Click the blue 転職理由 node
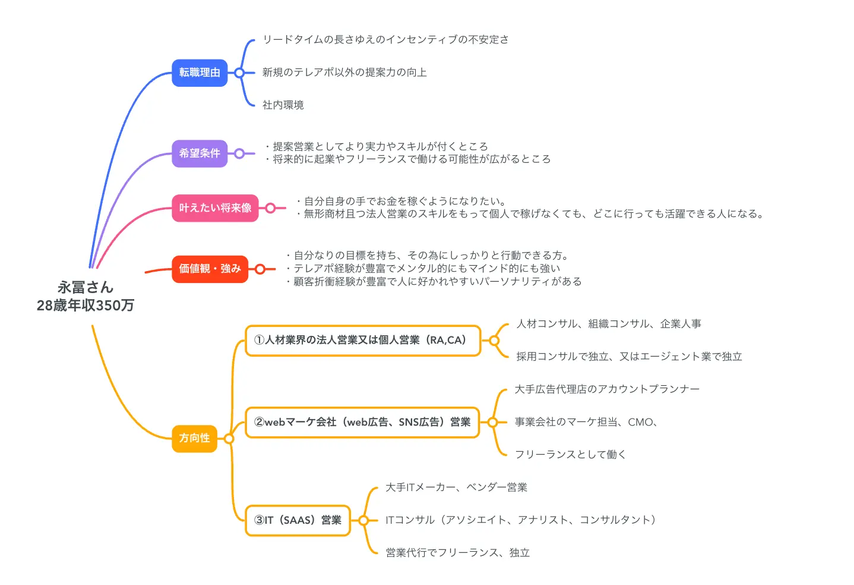200,73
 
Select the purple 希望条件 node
200,153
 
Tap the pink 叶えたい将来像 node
215,208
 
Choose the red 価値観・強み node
210,269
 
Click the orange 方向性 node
194,438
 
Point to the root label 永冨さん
86,288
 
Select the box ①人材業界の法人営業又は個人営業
362,341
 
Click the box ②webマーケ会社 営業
362,422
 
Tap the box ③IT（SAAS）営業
298,520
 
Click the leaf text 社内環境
283,105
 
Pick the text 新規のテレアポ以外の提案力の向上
344,73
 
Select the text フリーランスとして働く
570,455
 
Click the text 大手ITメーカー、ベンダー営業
456,487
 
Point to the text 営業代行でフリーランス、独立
457,553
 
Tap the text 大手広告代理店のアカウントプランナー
607,389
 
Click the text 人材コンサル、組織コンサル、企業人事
609,324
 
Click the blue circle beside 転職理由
239,73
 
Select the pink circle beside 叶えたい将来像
270,208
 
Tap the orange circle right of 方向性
229,439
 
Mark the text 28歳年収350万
86,306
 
